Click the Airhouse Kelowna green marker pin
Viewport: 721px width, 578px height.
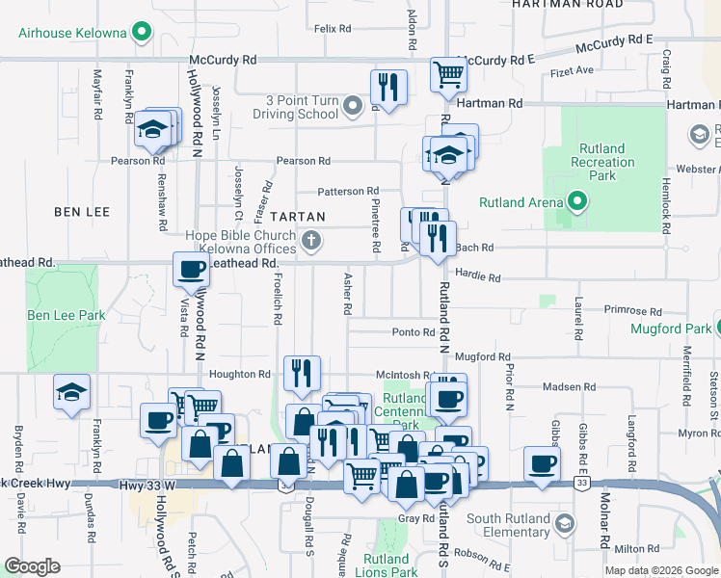pyautogui.click(x=143, y=33)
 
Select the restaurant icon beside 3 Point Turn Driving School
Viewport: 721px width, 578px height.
pyautogui.click(x=388, y=88)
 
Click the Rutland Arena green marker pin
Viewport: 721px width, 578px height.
pyautogui.click(x=577, y=201)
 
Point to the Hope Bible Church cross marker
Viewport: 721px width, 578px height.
pyautogui.click(x=311, y=241)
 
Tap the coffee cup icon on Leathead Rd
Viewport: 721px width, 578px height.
pyautogui.click(x=191, y=270)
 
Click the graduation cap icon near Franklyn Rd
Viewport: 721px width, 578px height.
pyautogui.click(x=72, y=392)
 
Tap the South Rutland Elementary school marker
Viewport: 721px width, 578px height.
pyautogui.click(x=564, y=523)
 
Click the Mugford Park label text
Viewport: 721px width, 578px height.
pyautogui.click(x=670, y=328)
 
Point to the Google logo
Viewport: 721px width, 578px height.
pyautogui.click(x=31, y=566)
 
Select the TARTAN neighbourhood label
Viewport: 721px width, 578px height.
pyautogui.click(x=297, y=217)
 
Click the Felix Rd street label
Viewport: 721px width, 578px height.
pyautogui.click(x=332, y=29)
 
